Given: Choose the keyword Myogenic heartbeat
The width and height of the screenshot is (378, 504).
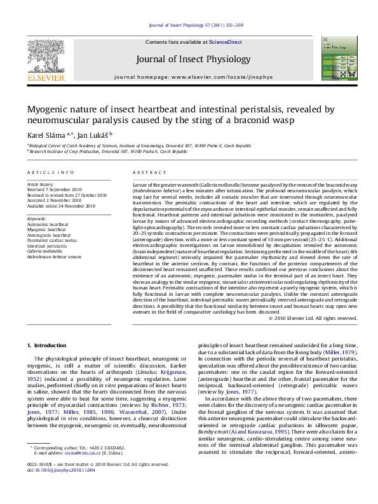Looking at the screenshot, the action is coord(46,228).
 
